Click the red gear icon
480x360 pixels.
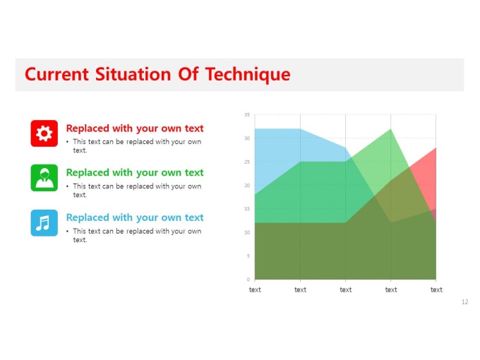click(44, 133)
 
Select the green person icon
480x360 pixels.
click(44, 178)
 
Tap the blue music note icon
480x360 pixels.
click(44, 223)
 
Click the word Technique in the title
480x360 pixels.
click(248, 75)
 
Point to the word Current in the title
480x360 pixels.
click(56, 74)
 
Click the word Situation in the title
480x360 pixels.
click(133, 74)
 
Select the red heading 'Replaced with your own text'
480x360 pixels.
click(135, 128)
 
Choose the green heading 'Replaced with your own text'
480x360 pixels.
click(135, 173)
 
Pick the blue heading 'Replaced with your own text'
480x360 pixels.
click(135, 217)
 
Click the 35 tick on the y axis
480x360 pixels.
click(247, 115)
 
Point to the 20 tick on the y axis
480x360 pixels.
click(247, 185)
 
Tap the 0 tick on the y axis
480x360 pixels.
click(248, 280)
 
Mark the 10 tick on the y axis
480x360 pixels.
click(247, 232)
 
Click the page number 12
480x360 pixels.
click(464, 302)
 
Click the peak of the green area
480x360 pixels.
click(390, 129)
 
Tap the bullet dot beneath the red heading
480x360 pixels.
click(67, 142)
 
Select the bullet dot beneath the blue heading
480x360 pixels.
click(67, 232)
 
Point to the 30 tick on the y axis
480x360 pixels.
click(247, 138)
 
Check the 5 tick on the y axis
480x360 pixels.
click(248, 256)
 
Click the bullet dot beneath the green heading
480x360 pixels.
click(67, 186)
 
